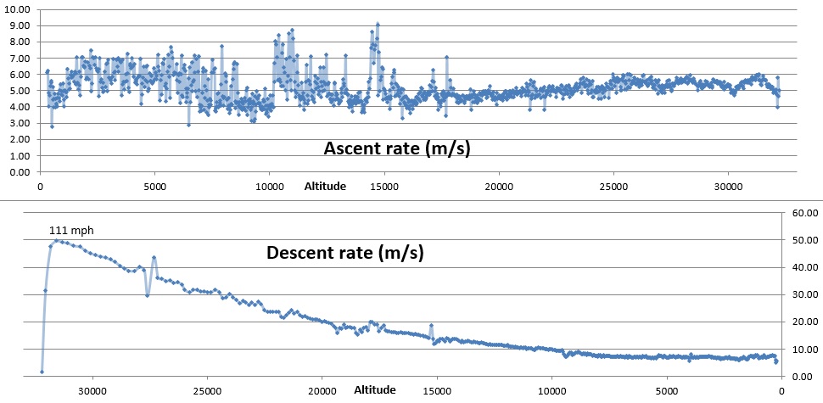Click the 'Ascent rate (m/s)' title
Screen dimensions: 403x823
pos(397,148)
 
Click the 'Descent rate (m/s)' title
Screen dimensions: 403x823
pos(345,253)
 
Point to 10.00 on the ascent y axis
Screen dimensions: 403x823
pos(18,9)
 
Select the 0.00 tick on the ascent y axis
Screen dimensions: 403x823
pos(20,172)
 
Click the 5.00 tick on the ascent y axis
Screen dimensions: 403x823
pos(20,91)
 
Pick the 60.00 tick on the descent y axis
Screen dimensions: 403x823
pos(803,213)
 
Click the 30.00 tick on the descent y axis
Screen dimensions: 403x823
pos(803,294)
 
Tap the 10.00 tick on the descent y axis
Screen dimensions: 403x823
pos(803,349)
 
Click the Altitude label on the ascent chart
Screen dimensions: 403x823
pos(325,186)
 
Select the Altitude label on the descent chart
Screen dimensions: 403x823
pos(374,390)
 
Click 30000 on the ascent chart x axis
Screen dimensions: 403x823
pos(727,186)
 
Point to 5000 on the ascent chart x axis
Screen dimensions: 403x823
pos(154,186)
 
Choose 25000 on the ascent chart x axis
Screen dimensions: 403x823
pos(613,186)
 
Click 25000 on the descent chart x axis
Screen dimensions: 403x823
pos(207,391)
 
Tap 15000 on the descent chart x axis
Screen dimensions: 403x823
pos(437,391)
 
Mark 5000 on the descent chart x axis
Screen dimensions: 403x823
pos(666,391)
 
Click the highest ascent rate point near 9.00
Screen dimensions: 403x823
pos(378,24)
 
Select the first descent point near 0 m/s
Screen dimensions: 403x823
pos(42,372)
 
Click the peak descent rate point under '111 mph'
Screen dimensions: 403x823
pos(57,241)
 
